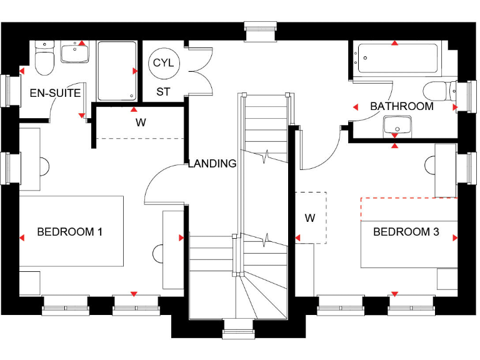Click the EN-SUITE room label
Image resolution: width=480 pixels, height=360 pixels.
pos(55,93)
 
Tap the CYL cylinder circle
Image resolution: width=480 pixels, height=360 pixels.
pos(164,64)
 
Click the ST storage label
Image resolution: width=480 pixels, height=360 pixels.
pos(163,92)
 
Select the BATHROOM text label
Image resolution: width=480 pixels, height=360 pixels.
pos(401,106)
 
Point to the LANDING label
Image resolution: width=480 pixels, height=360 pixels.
pos(212,164)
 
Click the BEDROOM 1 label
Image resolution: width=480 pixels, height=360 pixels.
pos(69,232)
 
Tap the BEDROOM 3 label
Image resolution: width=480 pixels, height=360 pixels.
pos(406,232)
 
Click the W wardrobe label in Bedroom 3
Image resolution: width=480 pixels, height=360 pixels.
pos(310,218)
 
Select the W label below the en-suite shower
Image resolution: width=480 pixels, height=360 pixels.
pos(141,122)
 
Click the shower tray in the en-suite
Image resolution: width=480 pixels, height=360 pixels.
pos(116,69)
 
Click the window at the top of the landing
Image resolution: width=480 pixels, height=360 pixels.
pos(260,32)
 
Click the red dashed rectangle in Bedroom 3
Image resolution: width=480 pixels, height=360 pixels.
pos(409,209)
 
